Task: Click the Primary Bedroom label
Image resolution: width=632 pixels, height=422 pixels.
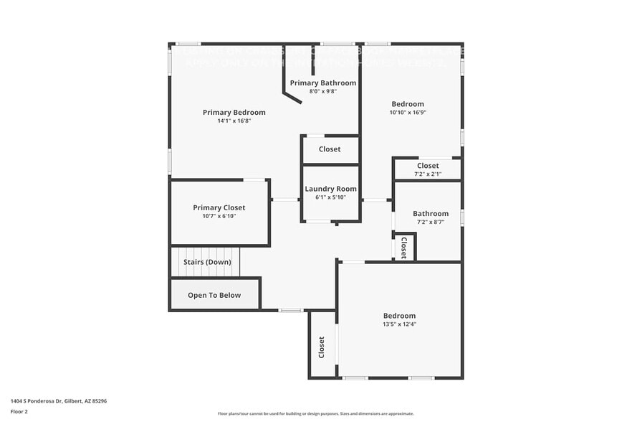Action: pyautogui.click(x=234, y=112)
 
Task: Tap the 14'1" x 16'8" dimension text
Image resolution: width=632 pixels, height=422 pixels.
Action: pyautogui.click(x=234, y=121)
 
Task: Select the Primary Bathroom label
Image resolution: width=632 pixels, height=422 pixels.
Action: pyautogui.click(x=322, y=83)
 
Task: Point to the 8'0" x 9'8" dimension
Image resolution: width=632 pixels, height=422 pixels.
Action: pyautogui.click(x=322, y=92)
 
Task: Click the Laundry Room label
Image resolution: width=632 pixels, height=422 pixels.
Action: pyautogui.click(x=330, y=189)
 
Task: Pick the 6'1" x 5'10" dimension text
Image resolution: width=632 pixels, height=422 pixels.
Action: pyautogui.click(x=330, y=197)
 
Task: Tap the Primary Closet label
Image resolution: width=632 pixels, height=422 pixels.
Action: pyautogui.click(x=219, y=207)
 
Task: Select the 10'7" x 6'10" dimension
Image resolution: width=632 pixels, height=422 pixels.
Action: pyautogui.click(x=219, y=216)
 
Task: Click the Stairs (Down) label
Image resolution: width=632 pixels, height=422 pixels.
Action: pyautogui.click(x=207, y=262)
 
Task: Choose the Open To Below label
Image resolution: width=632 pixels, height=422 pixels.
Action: pyautogui.click(x=214, y=295)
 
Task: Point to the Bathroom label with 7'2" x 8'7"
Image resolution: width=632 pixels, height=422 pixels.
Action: pyautogui.click(x=431, y=213)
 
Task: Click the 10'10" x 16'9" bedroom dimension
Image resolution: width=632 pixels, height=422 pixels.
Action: pyautogui.click(x=407, y=113)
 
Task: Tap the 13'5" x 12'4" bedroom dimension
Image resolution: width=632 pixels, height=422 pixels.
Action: pyautogui.click(x=399, y=324)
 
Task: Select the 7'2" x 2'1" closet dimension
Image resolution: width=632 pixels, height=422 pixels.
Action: pyautogui.click(x=428, y=174)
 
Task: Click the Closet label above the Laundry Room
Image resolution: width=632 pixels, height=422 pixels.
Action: pyautogui.click(x=330, y=149)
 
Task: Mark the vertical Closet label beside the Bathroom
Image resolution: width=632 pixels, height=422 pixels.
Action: pyautogui.click(x=403, y=248)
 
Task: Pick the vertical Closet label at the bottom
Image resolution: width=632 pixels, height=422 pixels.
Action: pyautogui.click(x=322, y=347)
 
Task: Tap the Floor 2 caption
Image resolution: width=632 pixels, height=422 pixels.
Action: pyautogui.click(x=19, y=411)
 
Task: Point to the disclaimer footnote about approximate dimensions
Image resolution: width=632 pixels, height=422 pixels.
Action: pyautogui.click(x=316, y=413)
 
